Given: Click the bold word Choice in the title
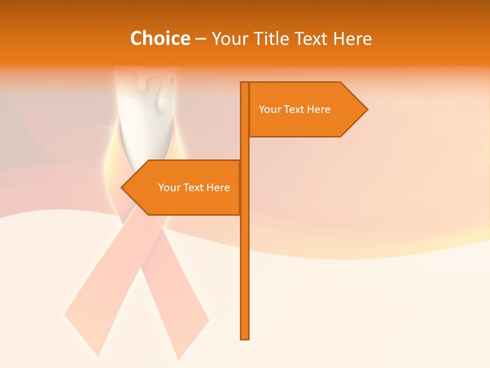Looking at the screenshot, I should (x=160, y=39).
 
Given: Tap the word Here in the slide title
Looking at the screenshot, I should (x=353, y=39).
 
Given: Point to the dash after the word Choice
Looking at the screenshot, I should (x=201, y=39).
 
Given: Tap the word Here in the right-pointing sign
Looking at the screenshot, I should (x=319, y=109).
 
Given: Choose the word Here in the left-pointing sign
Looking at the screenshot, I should (x=218, y=188).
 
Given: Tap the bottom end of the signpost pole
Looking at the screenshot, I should (x=245, y=337).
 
